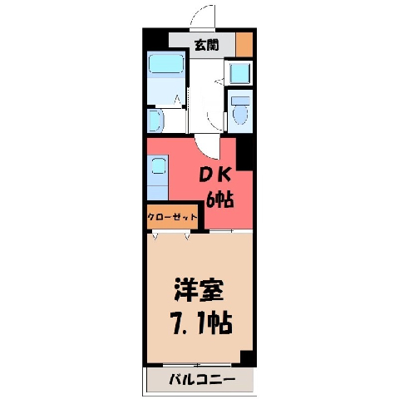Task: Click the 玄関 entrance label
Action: pyautogui.click(x=207, y=45)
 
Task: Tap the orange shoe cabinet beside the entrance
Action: pyautogui.click(x=244, y=45)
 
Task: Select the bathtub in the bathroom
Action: pyautogui.click(x=166, y=64)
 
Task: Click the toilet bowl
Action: pyautogui.click(x=240, y=115)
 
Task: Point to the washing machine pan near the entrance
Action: pyautogui.click(x=240, y=72)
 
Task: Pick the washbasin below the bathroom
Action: pyautogui.click(x=155, y=121)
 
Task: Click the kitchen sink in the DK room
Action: pyautogui.click(x=159, y=165)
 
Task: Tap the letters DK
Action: pyautogui.click(x=215, y=175)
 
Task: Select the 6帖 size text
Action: pyautogui.click(x=220, y=199)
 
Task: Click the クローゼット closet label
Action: pyautogui.click(x=172, y=217)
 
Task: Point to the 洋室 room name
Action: pyautogui.click(x=199, y=291)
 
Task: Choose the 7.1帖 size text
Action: pyautogui.click(x=202, y=323)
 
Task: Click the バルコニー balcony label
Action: pyautogui.click(x=202, y=379)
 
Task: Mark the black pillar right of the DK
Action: pyautogui.click(x=244, y=154)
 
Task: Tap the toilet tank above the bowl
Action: pyautogui.click(x=240, y=101)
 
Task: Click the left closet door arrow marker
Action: pyautogui.click(x=155, y=236)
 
